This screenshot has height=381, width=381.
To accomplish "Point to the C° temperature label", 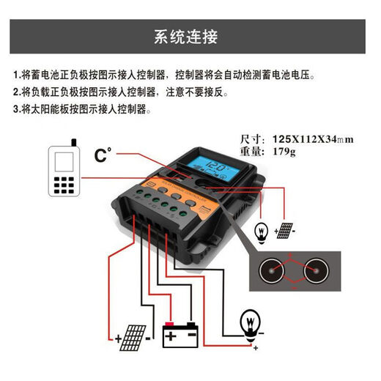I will (x=105, y=155).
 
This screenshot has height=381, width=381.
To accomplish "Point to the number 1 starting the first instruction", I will (x=16, y=75).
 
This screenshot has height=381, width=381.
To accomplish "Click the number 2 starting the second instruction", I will (x=16, y=92).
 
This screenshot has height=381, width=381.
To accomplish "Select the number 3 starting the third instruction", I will (x=16, y=109).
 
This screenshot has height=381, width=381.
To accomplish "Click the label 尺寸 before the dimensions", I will (x=251, y=139).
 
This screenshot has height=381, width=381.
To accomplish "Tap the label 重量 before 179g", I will (x=251, y=152).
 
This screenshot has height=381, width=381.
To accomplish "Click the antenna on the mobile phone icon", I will (x=72, y=141).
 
